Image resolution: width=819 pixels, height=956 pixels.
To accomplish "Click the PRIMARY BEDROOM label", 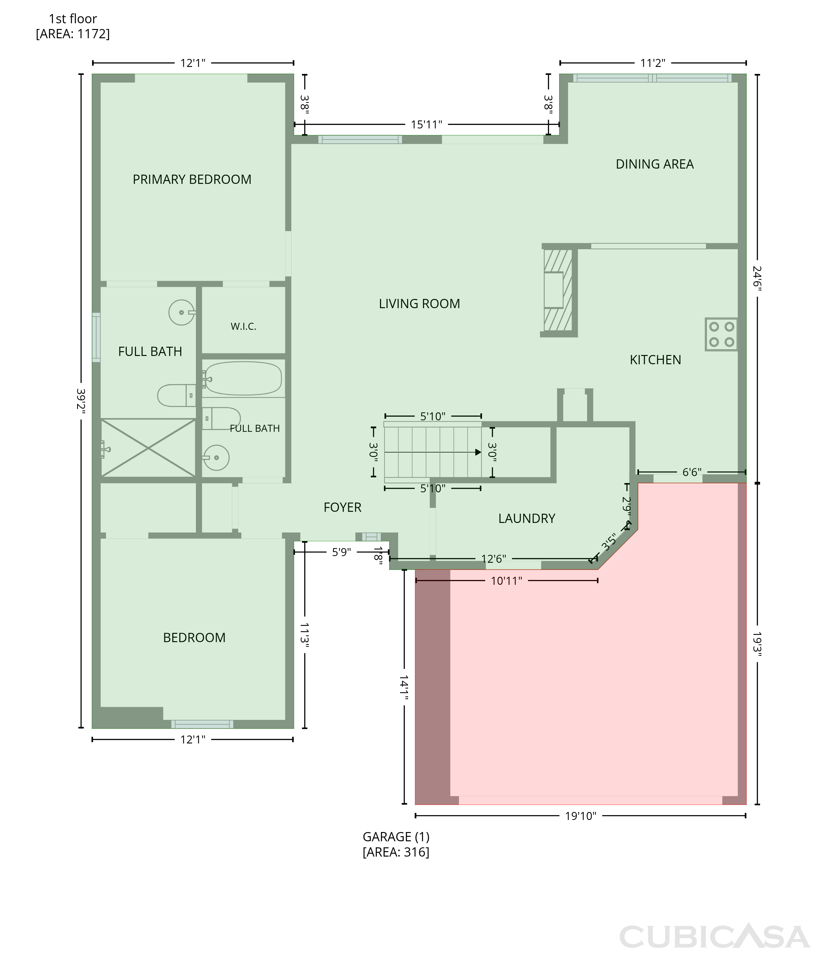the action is pos(192,179).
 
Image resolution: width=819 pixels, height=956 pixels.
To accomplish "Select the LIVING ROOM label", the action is pos(419,304).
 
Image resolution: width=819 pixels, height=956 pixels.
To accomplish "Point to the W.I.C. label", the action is pos(243,327).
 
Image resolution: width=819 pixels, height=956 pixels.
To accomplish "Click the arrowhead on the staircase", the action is pos(478,452).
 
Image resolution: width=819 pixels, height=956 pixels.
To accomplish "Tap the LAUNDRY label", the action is pos(527,518).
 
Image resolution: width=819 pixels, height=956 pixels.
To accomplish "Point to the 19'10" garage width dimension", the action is pos(581,816).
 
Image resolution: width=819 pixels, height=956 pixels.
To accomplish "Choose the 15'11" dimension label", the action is pos(426,125).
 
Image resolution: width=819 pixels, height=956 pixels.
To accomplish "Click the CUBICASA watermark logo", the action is pos(714,936).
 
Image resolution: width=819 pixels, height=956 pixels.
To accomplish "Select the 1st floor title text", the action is pos(73,19).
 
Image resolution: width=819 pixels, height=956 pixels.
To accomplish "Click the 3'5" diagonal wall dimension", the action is pos(609,542).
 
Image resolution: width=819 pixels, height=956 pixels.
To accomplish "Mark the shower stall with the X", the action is pos(148,447).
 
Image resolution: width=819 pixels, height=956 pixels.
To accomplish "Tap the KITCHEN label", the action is pos(655,360).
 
